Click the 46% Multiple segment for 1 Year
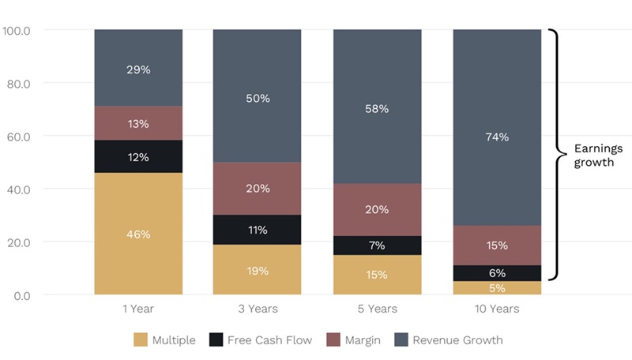coord(138,234)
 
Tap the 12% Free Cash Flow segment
coord(138,156)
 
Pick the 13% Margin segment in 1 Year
coord(138,123)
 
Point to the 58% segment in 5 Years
coord(377,107)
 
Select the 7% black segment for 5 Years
coord(377,245)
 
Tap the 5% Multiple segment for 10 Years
coord(497,287)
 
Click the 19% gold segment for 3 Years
coord(258,269)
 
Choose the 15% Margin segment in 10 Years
coord(497,246)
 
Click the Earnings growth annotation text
coord(598,155)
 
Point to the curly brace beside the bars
coord(556,155)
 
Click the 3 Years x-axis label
coord(258,309)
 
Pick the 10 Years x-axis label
coord(497,309)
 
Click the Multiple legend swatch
coord(141,340)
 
